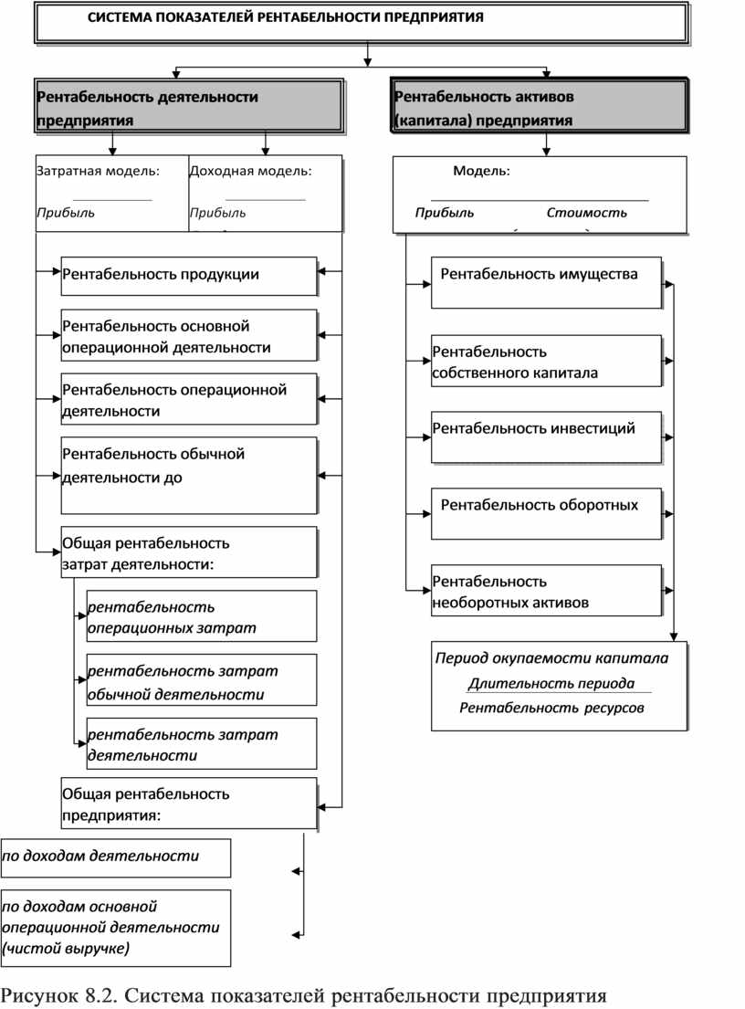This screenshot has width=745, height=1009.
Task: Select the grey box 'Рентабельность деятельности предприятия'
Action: (x=189, y=108)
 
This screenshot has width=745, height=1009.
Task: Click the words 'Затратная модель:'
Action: (x=98, y=170)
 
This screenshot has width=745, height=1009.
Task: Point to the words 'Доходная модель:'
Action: (x=250, y=170)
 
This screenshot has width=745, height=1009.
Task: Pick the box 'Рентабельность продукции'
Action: (x=188, y=275)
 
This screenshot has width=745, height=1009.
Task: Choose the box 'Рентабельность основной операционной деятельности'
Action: (x=188, y=336)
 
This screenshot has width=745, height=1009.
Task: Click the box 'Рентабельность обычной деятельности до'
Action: (x=188, y=476)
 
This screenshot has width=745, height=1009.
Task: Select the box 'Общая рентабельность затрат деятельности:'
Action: (x=188, y=552)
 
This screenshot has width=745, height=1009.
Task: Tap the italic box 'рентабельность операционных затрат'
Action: (x=201, y=616)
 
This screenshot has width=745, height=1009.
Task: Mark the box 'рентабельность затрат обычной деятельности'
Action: (x=201, y=681)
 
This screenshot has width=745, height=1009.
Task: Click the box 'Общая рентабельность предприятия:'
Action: (x=188, y=803)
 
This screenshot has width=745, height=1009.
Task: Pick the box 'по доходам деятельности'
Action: (x=115, y=857)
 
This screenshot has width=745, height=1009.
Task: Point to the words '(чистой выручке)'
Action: (x=67, y=949)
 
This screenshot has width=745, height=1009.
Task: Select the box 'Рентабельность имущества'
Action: (x=545, y=281)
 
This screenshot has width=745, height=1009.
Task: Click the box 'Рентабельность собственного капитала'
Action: (x=545, y=361)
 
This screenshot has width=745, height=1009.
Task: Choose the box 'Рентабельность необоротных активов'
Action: (x=545, y=591)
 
